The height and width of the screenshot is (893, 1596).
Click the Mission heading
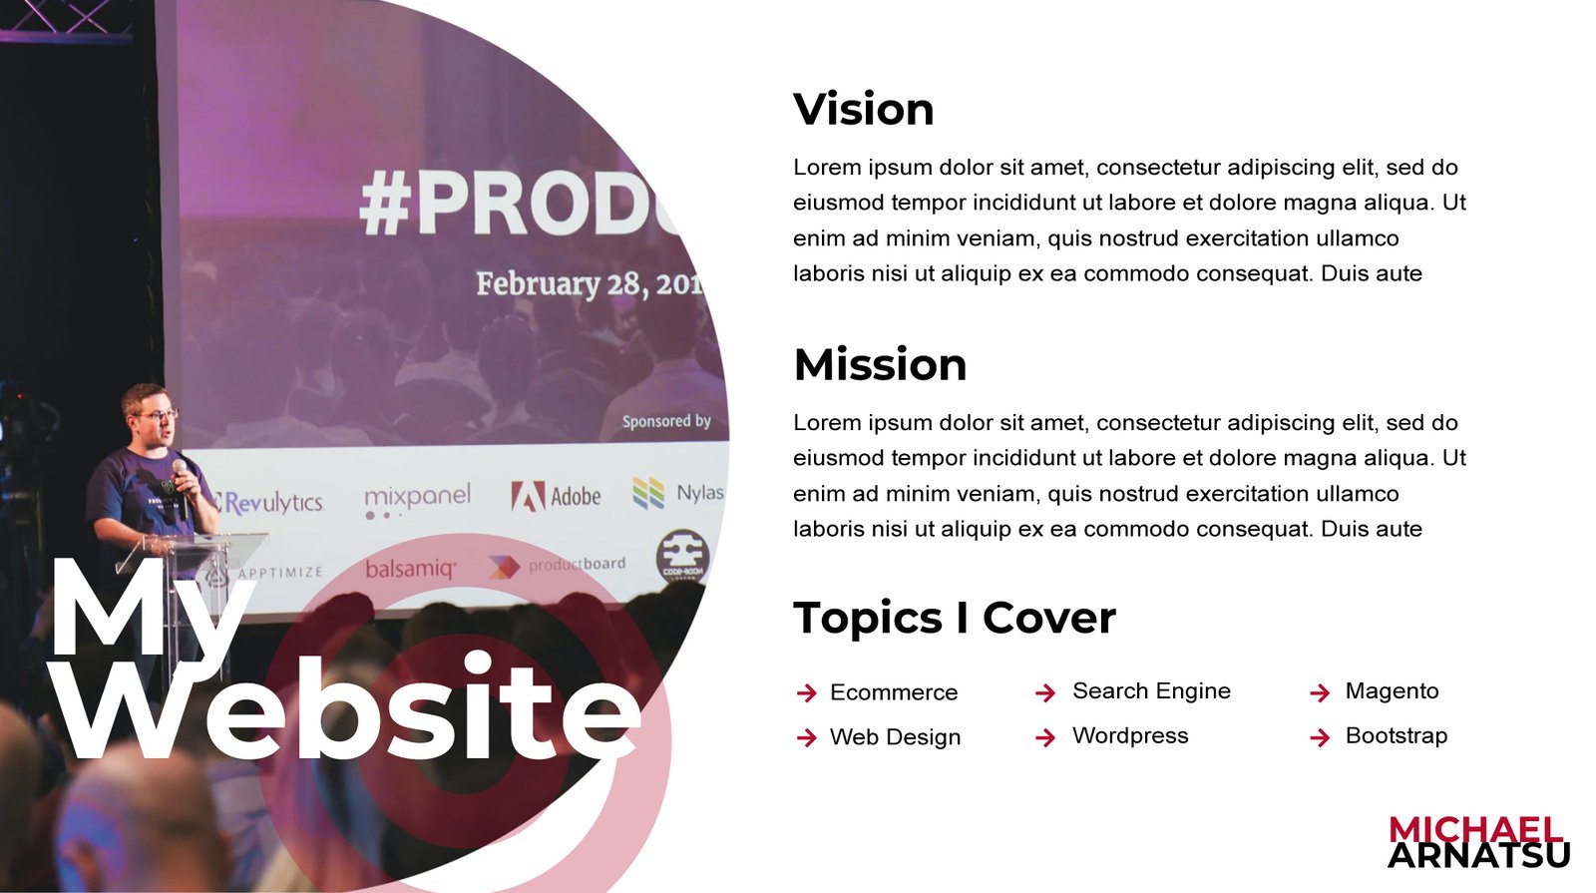coord(880,364)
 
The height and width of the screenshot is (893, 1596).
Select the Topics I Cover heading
coord(955,618)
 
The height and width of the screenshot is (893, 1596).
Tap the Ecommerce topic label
coord(894,692)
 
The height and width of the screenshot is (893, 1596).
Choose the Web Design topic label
coord(895,736)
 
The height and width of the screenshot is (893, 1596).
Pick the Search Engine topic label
coord(1151,690)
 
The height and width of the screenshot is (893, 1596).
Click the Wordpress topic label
coord(1130,735)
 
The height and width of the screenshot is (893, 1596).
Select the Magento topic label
coord(1392,690)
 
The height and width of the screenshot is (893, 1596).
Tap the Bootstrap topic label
coord(1396,735)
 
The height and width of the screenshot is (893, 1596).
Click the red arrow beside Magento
coord(1320,692)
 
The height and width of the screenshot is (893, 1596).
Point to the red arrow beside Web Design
coord(807,737)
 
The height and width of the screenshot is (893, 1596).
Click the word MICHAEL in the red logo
coord(1475,829)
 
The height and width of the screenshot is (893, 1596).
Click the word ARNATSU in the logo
coord(1478,855)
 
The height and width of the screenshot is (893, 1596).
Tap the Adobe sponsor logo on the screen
coord(556,496)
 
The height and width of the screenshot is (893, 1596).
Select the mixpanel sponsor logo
coord(418,500)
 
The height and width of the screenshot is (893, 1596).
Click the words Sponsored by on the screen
coord(666,421)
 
